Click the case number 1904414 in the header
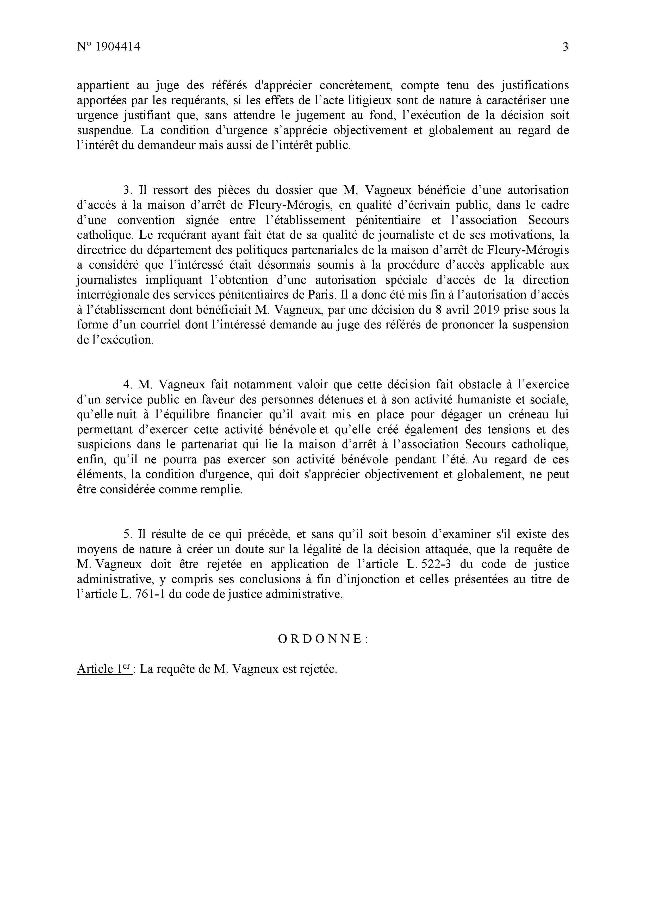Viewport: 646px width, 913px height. [x=118, y=47]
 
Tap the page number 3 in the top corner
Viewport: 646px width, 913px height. [x=565, y=47]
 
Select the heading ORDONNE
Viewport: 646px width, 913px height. [x=323, y=639]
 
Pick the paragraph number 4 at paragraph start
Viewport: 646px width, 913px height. [x=127, y=384]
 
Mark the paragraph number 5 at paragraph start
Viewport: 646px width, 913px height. [x=127, y=534]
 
